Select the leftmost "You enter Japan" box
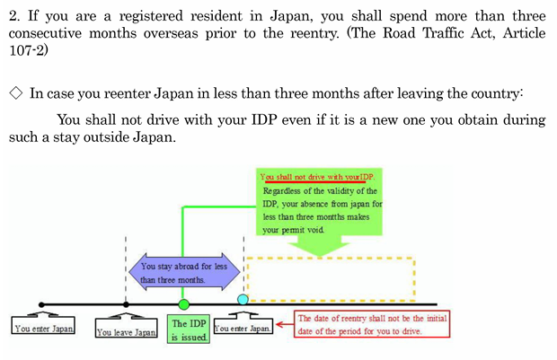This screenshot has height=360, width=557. coord(42,329)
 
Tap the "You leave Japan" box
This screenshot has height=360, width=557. coord(127,331)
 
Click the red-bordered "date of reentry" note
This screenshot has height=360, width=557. coord(371,324)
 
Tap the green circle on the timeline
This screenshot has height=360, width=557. coord(184,304)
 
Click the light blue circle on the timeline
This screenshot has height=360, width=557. coord(243,298)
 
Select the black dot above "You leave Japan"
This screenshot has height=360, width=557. coord(126,304)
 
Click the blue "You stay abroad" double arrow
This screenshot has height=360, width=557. coord(184,272)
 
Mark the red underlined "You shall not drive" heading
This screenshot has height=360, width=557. coord(316,178)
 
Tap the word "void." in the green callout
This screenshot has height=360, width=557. coord(314,230)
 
